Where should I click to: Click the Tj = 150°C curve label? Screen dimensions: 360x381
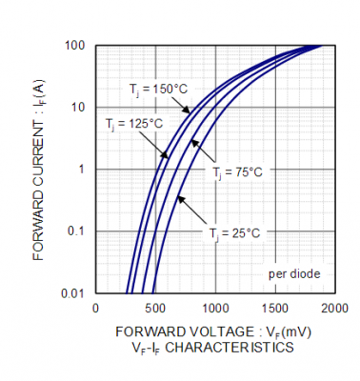[x=158, y=90]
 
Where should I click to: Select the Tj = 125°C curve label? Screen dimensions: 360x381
[x=134, y=124]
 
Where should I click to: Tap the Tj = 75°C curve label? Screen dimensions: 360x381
[x=237, y=172]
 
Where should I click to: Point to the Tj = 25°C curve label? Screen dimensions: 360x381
[x=234, y=233]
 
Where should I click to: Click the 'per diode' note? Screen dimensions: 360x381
[x=294, y=274]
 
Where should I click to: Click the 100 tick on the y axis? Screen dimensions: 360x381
[x=75, y=46]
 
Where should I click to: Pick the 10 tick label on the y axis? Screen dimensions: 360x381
[x=78, y=108]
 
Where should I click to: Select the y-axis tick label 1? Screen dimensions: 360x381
[x=82, y=169]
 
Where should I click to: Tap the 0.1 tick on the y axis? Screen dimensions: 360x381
[x=76, y=231]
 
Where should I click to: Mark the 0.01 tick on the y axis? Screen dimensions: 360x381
[x=73, y=292]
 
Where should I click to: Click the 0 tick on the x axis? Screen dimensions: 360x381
[x=95, y=309]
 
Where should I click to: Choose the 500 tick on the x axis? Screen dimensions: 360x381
[x=155, y=309]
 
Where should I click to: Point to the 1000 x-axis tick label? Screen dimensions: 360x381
[x=215, y=309]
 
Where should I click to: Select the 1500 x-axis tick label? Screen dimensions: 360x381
[x=275, y=309]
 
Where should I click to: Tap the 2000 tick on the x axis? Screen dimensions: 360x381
[x=335, y=309]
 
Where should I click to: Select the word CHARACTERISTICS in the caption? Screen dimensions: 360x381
[x=230, y=348]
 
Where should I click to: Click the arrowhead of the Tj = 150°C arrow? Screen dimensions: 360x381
[x=187, y=110]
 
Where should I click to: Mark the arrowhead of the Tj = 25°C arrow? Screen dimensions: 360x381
[x=180, y=199]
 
